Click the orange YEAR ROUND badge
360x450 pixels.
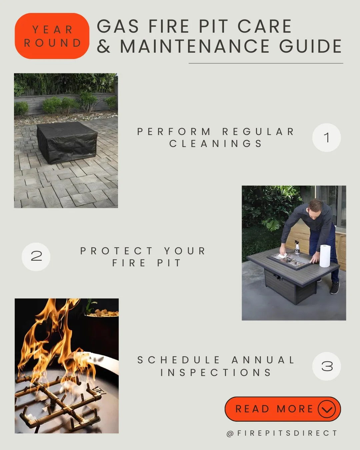pos(52,36)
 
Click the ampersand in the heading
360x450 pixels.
pos(104,47)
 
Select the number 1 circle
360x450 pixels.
pos(326,138)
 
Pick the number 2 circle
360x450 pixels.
pos(36,256)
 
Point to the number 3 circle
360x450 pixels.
pos(326,366)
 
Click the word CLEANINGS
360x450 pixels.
pos(216,144)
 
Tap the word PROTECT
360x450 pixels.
pos(117,251)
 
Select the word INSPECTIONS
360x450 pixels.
pos(216,372)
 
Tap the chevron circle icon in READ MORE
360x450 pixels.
pos(326,409)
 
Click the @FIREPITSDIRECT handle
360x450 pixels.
pos(282,433)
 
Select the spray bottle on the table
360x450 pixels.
pos(297,247)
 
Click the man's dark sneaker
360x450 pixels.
pos(334,288)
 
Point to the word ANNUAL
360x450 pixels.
pos(263,360)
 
